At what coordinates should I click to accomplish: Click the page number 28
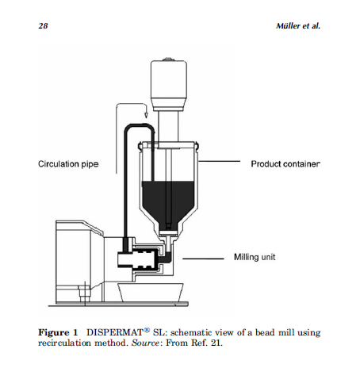(x=43, y=26)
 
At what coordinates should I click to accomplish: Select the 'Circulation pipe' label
(x=68, y=164)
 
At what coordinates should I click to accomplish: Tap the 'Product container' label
(x=285, y=164)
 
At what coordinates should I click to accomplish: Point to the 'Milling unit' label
(x=255, y=257)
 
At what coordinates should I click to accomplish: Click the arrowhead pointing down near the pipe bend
(x=146, y=115)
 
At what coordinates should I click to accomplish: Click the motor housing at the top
(x=169, y=86)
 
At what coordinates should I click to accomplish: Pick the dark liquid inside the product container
(x=168, y=201)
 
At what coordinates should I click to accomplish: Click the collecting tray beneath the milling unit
(x=151, y=292)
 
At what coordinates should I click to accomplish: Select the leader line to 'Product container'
(x=219, y=161)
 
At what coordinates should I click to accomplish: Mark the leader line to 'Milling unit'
(x=203, y=259)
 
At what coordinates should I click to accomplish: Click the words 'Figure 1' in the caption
(x=58, y=332)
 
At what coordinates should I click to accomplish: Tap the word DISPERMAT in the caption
(x=115, y=332)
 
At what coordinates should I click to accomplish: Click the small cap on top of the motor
(x=168, y=59)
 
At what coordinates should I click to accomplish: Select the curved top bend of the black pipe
(x=140, y=126)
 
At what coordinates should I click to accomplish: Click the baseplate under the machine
(x=118, y=305)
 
